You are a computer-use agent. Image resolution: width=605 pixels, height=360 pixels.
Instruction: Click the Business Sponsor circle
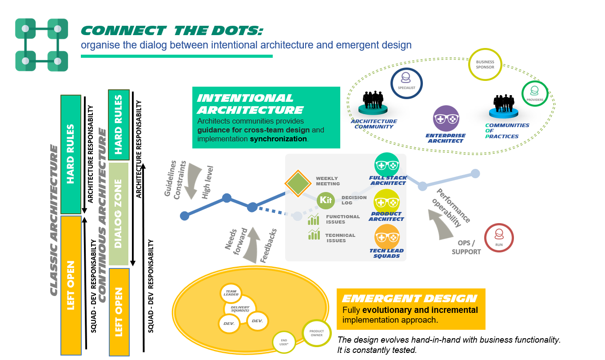485,64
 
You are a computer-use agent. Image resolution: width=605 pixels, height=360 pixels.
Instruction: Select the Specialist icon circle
406,83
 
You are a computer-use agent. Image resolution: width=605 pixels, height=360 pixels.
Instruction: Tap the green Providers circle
534,94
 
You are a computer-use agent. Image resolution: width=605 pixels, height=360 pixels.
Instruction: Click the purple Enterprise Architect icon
446,119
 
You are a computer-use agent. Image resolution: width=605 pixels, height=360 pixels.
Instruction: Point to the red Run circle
499,238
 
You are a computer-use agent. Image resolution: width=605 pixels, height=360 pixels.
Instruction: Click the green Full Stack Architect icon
387,166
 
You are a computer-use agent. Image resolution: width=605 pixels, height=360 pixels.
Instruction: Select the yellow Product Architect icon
387,202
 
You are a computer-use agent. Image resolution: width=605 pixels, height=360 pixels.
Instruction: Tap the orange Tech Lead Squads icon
387,237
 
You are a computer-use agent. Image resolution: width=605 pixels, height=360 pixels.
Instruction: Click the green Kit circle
326,200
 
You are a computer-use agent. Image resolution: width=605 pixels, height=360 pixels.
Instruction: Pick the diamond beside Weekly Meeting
298,183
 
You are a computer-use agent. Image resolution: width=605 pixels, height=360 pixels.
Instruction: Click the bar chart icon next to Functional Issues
314,219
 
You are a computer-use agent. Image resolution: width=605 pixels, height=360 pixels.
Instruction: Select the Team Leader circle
231,292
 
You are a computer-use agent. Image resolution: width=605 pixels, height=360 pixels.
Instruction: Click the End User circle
284,343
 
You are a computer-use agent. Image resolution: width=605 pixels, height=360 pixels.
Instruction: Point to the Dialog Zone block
119,214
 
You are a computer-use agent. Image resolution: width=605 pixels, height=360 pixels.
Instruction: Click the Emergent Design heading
409,299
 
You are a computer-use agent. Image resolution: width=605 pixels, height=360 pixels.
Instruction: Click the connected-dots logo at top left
41,45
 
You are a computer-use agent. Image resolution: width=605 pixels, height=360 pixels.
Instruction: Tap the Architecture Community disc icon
374,109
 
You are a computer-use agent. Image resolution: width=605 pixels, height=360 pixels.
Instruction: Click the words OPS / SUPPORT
466,248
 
